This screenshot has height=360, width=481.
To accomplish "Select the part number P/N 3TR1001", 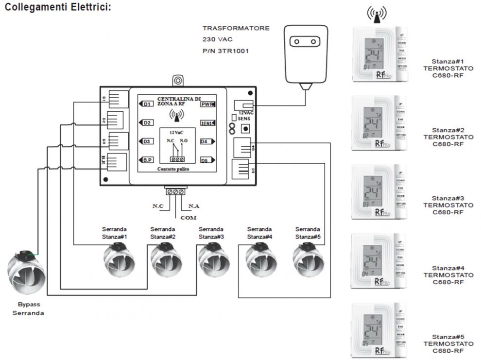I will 225,51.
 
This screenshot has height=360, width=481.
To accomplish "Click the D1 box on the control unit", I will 146,104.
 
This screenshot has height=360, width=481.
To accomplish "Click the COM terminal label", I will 188,218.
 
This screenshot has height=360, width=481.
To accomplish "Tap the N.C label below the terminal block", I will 157,206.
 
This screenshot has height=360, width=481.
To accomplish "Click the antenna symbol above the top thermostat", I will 377,15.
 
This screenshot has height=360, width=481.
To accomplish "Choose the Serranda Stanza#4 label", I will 259,233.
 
